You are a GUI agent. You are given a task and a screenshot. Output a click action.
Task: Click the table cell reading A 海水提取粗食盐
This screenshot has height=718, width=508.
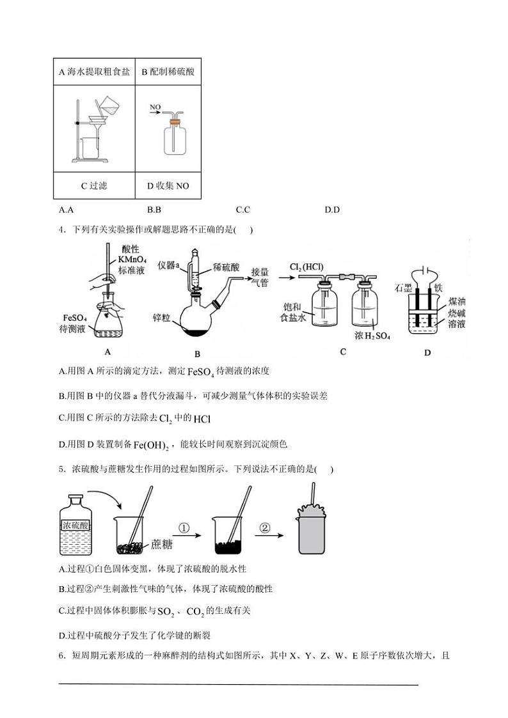coord(94,72)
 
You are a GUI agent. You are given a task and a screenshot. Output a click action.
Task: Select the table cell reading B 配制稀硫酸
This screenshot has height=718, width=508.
coord(168,72)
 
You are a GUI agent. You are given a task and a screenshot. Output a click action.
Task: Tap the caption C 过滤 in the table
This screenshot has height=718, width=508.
coord(94,186)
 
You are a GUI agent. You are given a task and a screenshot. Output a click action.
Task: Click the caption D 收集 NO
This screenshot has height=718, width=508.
coord(168,186)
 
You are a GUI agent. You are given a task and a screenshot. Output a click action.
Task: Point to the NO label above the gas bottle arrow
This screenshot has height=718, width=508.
coord(155,107)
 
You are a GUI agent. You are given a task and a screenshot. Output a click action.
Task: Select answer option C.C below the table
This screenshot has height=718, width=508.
coord(242,209)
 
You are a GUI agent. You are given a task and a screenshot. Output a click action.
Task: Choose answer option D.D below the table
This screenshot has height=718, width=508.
coord(331,209)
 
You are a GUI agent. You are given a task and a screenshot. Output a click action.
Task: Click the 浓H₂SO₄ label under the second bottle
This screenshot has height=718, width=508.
coord(372,336)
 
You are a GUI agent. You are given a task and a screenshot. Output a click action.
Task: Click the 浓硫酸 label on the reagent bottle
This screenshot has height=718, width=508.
coord(75,525)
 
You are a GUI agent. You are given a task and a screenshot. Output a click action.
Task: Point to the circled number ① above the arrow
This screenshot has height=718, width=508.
coord(184,527)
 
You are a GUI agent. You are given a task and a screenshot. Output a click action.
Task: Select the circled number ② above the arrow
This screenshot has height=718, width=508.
coord(265,527)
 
